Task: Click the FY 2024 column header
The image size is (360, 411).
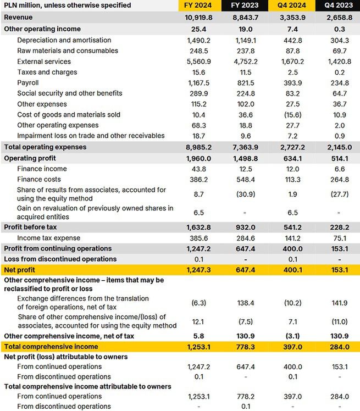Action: pos(199,5)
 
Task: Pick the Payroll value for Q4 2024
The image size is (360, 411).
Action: pos(292,83)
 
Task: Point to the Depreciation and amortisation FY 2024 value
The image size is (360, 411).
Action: pos(199,40)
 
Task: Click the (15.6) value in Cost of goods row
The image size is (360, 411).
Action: pos(292,115)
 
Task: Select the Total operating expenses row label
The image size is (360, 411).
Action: pos(45,147)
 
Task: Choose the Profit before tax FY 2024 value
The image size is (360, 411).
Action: pos(199,227)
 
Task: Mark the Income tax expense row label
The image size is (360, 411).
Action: pos(49,238)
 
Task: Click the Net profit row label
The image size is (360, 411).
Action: pos(20,270)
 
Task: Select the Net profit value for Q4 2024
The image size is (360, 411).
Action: pos(292,270)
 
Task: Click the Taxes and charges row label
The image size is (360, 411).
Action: pos(47,72)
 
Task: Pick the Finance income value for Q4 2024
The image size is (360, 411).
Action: pos(292,169)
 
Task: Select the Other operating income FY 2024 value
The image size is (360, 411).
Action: pos(199,29)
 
